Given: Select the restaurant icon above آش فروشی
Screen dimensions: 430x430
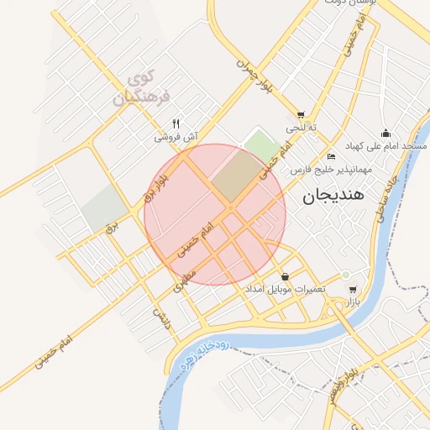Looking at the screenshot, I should [176, 123].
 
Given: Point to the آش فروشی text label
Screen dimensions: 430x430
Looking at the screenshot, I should [176, 136].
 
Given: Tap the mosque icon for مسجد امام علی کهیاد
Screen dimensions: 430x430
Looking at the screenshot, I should [385, 133].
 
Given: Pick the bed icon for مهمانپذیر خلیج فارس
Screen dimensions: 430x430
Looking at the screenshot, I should [331, 157].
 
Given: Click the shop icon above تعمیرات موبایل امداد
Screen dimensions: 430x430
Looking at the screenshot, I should [286, 276].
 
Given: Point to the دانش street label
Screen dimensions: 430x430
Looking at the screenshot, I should [161, 317].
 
